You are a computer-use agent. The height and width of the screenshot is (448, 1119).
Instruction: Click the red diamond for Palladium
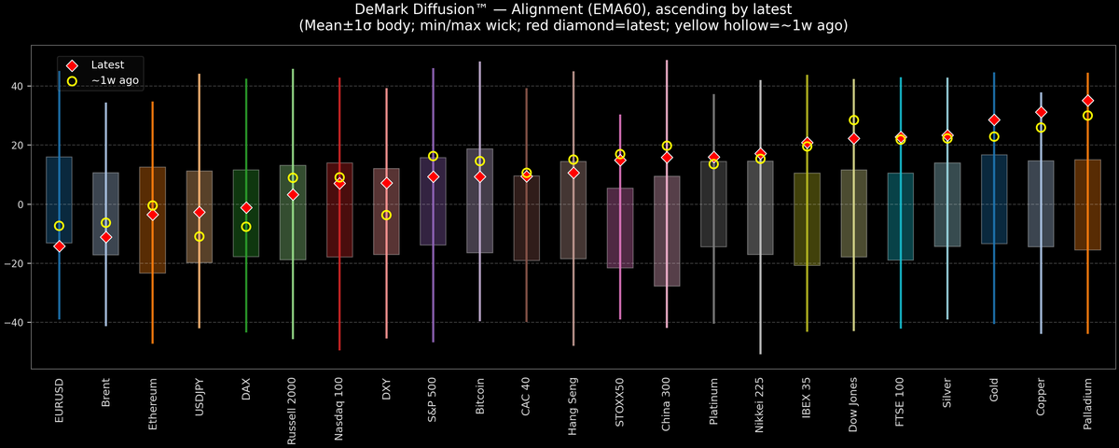[x=1087, y=101]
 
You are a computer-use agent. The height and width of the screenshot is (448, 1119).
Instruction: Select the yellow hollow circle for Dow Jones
[x=853, y=120]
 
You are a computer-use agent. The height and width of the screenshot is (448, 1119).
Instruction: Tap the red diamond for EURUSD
[x=59, y=246]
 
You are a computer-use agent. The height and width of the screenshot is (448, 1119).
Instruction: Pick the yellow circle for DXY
[x=386, y=216]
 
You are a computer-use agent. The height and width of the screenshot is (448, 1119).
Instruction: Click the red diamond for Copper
[x=1041, y=112]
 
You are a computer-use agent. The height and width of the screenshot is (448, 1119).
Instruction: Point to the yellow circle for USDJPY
[x=200, y=237]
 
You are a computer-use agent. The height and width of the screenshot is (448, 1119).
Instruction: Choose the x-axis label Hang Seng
[x=573, y=404]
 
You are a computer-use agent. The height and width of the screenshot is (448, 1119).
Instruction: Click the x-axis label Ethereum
[x=153, y=402]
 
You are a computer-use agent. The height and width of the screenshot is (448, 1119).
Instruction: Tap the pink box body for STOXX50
[x=620, y=228]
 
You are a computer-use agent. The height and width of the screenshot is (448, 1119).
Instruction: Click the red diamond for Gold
[x=994, y=120]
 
